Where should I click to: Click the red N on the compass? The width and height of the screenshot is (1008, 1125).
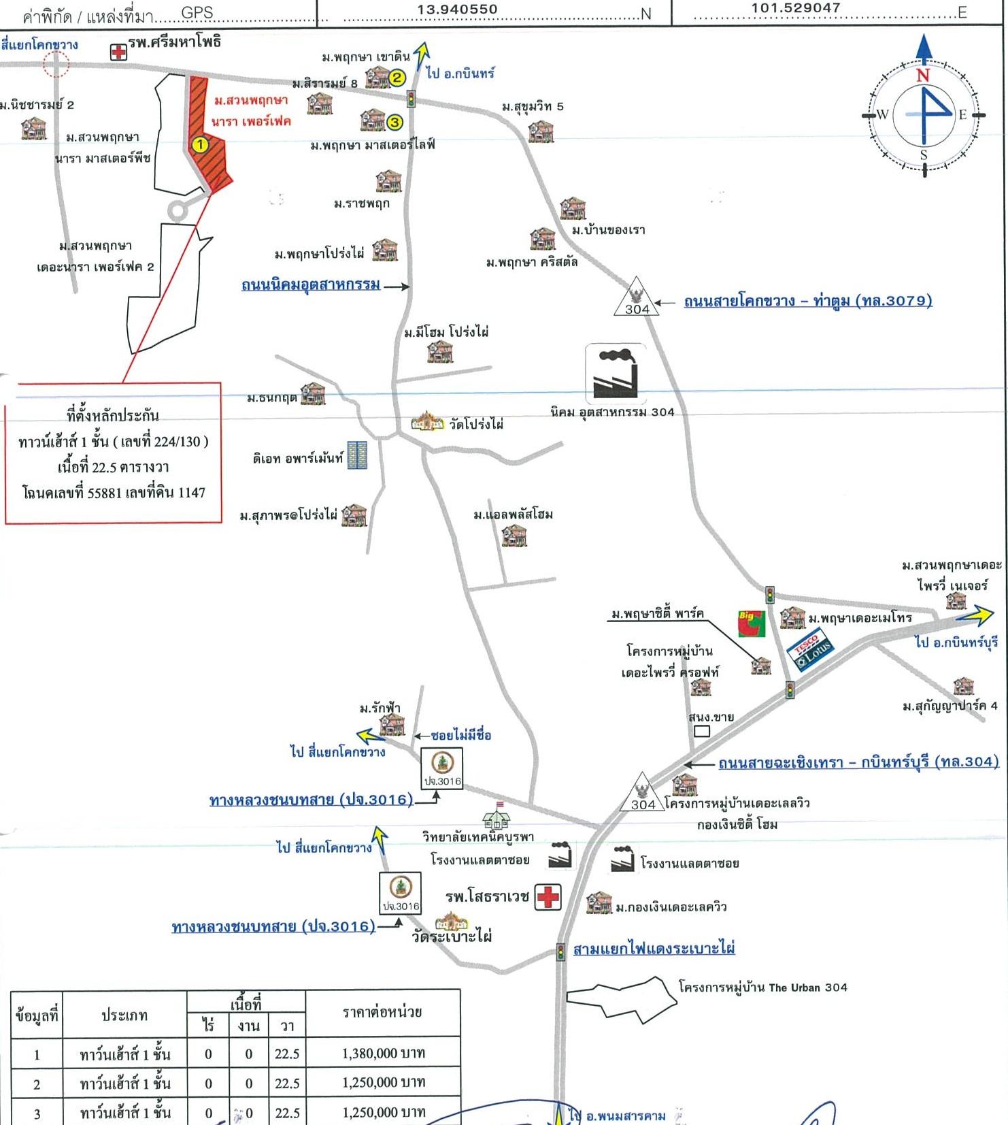[922, 75]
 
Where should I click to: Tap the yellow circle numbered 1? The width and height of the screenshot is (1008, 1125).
[200, 144]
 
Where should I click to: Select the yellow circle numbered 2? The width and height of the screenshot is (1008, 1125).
[397, 78]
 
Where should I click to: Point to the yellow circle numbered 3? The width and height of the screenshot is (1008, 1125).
[394, 123]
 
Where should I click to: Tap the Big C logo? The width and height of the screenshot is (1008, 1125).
[751, 623]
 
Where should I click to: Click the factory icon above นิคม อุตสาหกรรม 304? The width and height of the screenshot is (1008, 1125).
[615, 374]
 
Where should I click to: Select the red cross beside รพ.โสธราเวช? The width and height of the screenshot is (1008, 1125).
[548, 896]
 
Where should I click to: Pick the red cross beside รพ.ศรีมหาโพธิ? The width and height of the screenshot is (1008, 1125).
[118, 52]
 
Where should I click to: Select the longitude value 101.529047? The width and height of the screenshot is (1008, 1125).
[795, 8]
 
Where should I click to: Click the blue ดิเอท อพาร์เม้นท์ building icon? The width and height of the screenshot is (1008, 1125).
[357, 455]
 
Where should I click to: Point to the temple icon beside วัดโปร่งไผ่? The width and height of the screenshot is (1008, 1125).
[428, 422]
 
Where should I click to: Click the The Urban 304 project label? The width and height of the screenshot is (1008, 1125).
[762, 987]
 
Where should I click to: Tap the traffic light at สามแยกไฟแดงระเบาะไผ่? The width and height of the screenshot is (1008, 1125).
[560, 951]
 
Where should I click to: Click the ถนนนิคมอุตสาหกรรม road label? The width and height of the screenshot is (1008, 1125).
[311, 284]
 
